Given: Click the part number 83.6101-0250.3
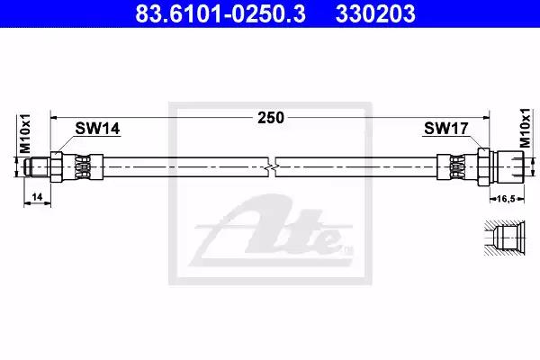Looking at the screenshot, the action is [x=220, y=13].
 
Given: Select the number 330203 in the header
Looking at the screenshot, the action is [x=375, y=13].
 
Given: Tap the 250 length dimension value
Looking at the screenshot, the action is [x=271, y=118].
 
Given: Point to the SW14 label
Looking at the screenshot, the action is [x=97, y=129].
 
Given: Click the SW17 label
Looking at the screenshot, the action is [x=446, y=129].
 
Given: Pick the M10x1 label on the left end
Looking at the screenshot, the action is [x=25, y=134].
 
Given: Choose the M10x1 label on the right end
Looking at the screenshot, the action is [x=526, y=128].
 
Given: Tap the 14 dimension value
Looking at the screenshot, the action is [x=37, y=197].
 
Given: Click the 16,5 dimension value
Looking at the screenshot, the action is [x=506, y=199].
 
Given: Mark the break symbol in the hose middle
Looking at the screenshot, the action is [x=272, y=167].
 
